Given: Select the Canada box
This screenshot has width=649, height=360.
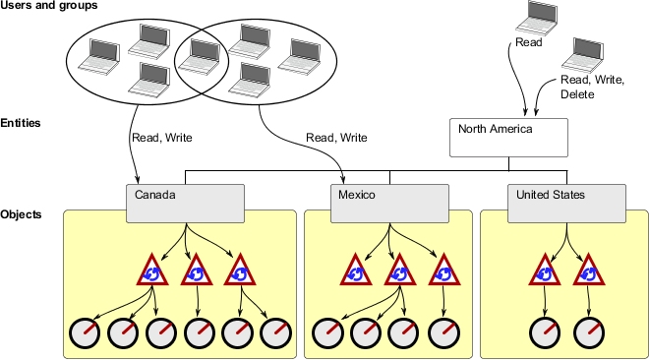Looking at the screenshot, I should pyautogui.click(x=186, y=202).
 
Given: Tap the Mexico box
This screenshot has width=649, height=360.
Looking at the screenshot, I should pyautogui.click(x=390, y=202).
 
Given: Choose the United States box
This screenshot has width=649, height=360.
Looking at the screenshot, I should pyautogui.click(x=566, y=202).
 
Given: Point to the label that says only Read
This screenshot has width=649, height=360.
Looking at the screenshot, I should pyautogui.click(x=528, y=43).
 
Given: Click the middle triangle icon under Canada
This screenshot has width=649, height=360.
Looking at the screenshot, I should pyautogui.click(x=197, y=270).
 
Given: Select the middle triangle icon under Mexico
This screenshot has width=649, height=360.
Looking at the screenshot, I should pyautogui.click(x=398, y=270).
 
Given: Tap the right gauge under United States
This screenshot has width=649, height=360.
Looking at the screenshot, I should pyautogui.click(x=588, y=333).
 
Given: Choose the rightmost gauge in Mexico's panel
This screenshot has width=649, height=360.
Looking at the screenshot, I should pyautogui.click(x=444, y=333).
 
